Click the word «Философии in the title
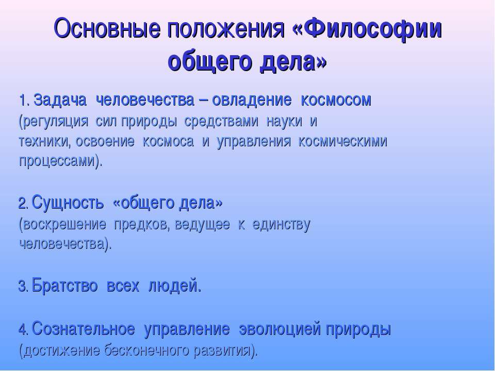[x=367, y=29]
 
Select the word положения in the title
[x=226, y=29]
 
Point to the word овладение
[x=252, y=100]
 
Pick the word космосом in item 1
[x=336, y=100]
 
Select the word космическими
[x=343, y=141]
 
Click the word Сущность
[x=68, y=203]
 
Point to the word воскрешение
[x=62, y=225]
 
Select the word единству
[x=282, y=225]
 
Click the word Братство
[x=64, y=286]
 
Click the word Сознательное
[x=84, y=329]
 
